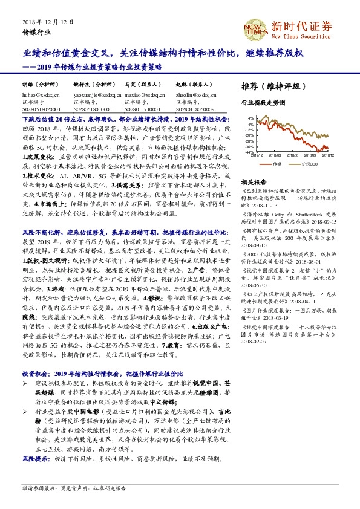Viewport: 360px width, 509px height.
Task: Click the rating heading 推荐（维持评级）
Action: (x=272, y=85)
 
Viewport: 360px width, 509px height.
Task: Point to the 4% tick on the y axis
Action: (x=250, y=118)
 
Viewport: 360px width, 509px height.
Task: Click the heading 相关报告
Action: (x=254, y=181)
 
